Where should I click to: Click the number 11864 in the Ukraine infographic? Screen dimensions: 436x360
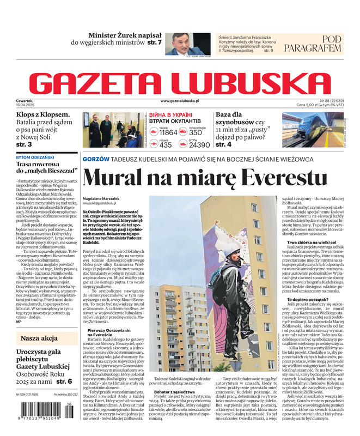tap(168, 132)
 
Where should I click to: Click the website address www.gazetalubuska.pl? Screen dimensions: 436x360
tap(187, 101)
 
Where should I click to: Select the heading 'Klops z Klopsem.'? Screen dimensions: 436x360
tap(43, 115)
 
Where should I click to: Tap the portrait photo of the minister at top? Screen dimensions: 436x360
tap(185, 43)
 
